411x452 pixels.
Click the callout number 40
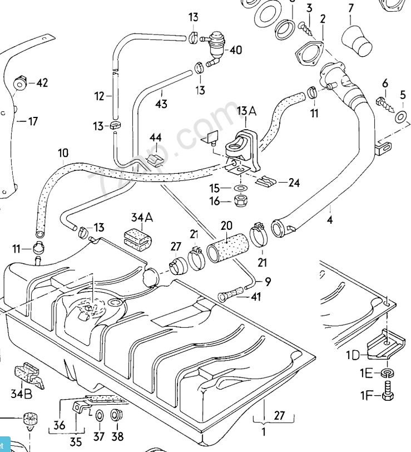tap(235, 50)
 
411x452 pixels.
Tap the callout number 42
tap(42, 83)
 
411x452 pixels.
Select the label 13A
tap(246, 111)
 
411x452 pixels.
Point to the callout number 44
tap(155, 137)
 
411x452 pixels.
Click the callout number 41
tap(255, 297)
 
